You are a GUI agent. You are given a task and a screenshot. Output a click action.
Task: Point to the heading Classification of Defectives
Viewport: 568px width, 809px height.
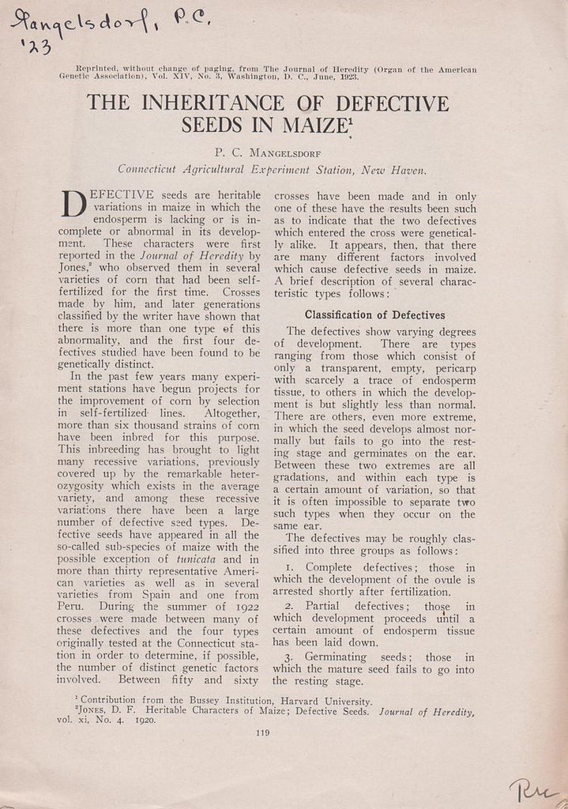click(x=374, y=315)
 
